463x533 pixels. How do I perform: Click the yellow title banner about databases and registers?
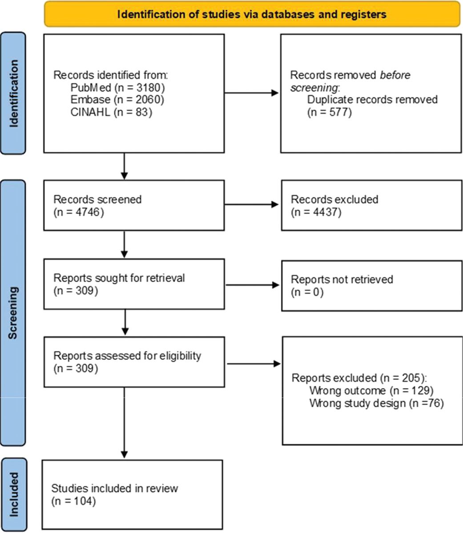252,14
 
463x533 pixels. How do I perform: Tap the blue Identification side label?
13,93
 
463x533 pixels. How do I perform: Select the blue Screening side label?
13,313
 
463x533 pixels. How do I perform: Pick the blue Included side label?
14,494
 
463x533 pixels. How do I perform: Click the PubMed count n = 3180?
140,88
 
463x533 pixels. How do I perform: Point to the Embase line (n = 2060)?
117,99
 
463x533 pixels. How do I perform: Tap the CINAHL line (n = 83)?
111,112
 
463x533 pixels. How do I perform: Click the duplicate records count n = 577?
330,112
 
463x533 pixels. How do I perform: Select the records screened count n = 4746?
79,212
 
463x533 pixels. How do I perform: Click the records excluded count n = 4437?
316,212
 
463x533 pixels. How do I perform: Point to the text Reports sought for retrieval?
119,278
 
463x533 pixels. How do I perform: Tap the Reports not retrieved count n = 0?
307,292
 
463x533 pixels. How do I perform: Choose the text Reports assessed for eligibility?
127,356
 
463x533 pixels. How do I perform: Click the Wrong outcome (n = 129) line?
371,390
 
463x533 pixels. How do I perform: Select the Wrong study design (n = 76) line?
377,403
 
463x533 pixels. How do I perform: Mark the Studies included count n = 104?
73,501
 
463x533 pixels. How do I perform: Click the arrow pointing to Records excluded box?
251,204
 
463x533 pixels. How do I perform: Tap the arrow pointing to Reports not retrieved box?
252,285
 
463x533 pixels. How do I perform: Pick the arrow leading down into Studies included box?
125,422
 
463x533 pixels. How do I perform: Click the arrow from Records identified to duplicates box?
251,93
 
